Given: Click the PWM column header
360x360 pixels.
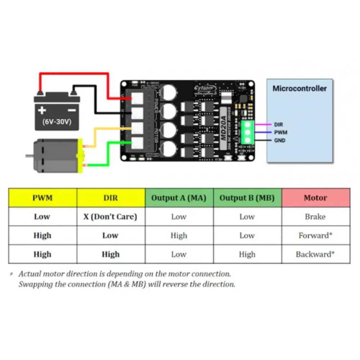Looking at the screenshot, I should point(42,198).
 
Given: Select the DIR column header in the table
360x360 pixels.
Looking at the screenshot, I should point(111,198).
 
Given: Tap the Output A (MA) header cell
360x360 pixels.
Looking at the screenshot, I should point(179,198).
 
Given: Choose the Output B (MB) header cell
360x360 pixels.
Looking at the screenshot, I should point(247,198).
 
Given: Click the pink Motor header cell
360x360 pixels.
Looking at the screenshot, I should point(315,198).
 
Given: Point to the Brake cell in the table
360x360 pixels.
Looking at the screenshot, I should point(315,217).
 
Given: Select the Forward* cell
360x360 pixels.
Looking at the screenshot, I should point(315,235).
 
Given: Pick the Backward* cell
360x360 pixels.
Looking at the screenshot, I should point(315,254).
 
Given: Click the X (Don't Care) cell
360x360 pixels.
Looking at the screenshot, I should point(111,217).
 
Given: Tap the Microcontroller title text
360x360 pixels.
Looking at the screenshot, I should point(300,89).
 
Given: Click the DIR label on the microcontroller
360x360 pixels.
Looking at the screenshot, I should point(278,125).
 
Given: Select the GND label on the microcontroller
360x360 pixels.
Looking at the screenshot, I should point(280,140).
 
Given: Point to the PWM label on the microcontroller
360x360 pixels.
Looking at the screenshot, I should point(280,132).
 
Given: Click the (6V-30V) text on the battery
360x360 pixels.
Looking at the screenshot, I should point(57,122).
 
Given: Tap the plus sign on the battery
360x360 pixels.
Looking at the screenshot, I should point(42,110).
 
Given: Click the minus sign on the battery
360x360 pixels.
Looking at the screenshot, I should point(72,110).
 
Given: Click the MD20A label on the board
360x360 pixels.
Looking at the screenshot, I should point(224,123).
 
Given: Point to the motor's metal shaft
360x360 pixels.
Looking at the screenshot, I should point(29,156).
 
